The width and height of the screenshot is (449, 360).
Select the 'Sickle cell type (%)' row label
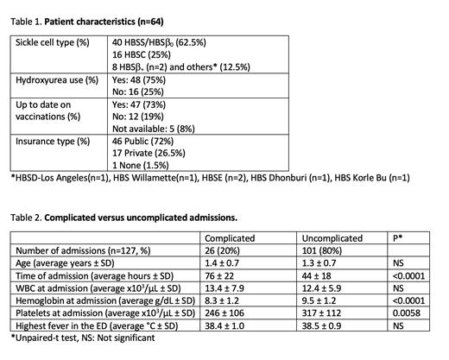click(x=54, y=41)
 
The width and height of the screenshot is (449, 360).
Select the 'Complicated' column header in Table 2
click(x=227, y=237)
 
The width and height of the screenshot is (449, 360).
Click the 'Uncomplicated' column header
click(x=330, y=237)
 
